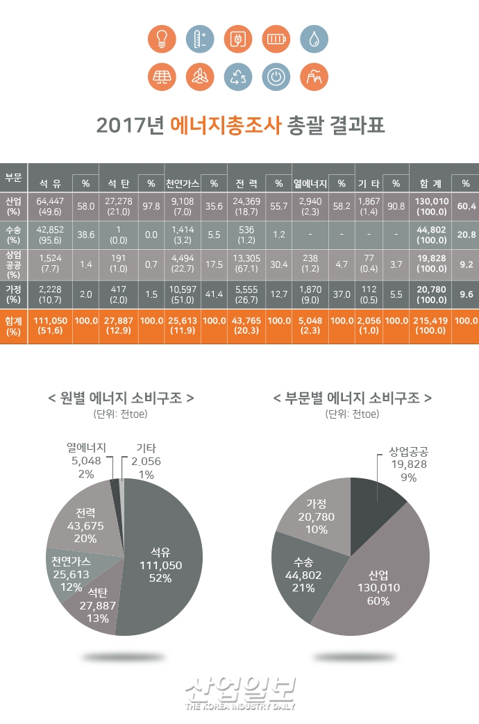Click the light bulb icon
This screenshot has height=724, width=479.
point(161,39)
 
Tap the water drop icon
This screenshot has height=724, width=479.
point(314,39)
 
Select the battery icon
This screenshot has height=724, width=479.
point(276,39)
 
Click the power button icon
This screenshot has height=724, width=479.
point(276,77)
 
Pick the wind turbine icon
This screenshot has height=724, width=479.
point(199,77)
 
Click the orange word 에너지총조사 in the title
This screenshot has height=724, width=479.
point(226,126)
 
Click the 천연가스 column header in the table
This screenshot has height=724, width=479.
point(183,184)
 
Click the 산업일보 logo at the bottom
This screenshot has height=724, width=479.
point(239,691)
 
